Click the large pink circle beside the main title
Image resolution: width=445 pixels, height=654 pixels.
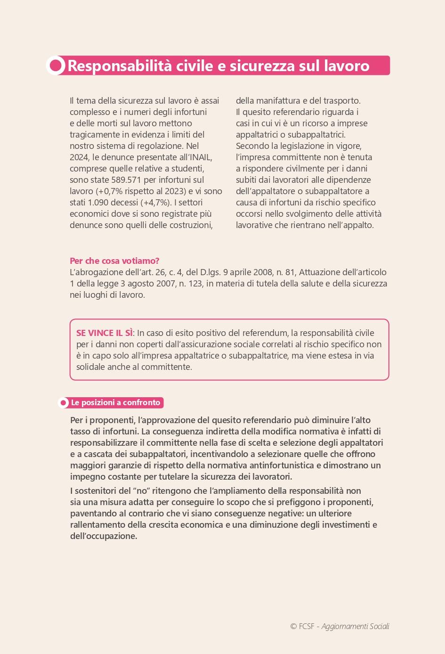(56, 66)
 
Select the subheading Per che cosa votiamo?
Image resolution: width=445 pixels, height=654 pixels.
(114, 261)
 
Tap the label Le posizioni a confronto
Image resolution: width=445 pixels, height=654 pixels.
(115, 403)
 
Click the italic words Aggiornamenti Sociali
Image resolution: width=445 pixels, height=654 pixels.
(356, 627)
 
